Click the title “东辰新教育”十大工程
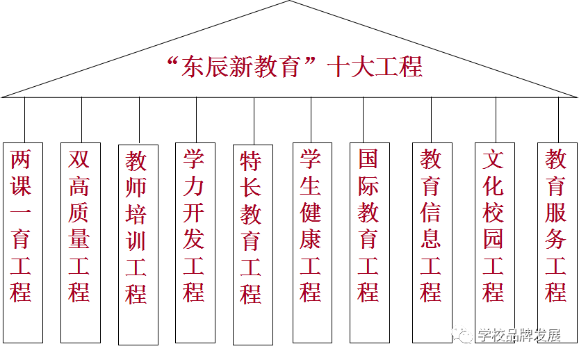click(295, 67)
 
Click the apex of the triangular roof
click(289, 2)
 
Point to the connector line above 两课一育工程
click(25, 120)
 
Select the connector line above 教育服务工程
click(558, 120)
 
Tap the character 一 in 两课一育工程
click(21, 213)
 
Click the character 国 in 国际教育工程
click(368, 159)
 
